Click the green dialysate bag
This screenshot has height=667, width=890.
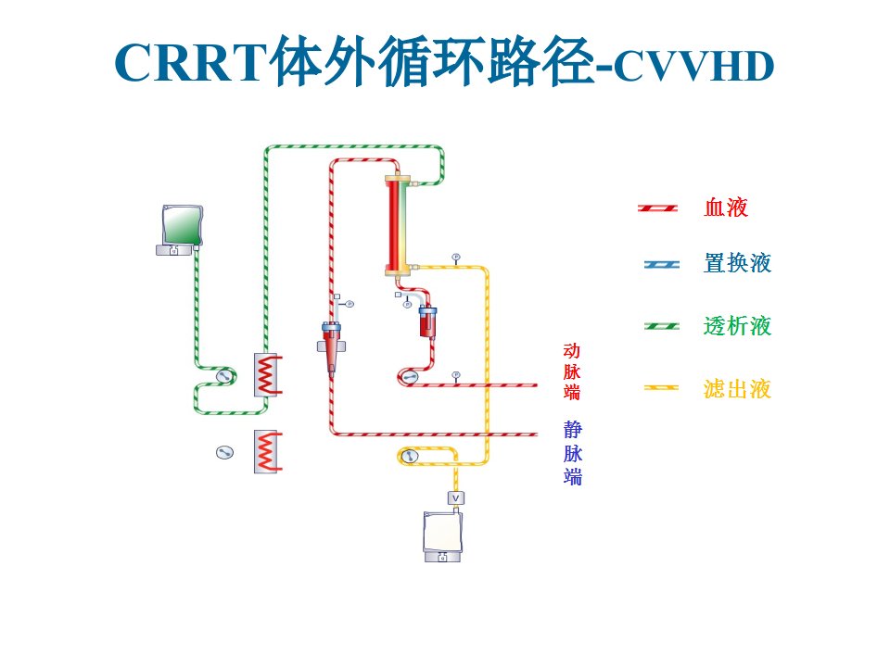coord(182,225)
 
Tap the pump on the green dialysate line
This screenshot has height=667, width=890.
coord(224,375)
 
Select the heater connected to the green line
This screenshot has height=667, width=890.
coord(267,375)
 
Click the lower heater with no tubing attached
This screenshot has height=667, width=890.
coord(267,451)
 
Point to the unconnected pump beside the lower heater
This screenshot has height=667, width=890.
coord(224,452)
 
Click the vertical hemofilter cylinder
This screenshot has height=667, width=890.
coord(398,226)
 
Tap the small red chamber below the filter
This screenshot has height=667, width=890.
coord(428,321)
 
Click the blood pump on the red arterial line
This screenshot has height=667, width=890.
coord(409,377)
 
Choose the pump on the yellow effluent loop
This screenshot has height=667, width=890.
coord(409,456)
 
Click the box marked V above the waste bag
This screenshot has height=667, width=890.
coord(456,498)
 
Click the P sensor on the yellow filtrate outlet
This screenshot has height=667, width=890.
coord(456,258)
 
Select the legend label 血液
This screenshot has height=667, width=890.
coord(726,208)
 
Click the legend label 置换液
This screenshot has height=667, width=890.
coord(737,263)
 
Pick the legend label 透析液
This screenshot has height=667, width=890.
coord(737,326)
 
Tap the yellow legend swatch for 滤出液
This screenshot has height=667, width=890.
coord(661,388)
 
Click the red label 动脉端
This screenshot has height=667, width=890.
coord(572,371)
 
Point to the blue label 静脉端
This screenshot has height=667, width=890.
coord(573,453)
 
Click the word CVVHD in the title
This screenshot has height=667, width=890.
coord(693,67)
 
